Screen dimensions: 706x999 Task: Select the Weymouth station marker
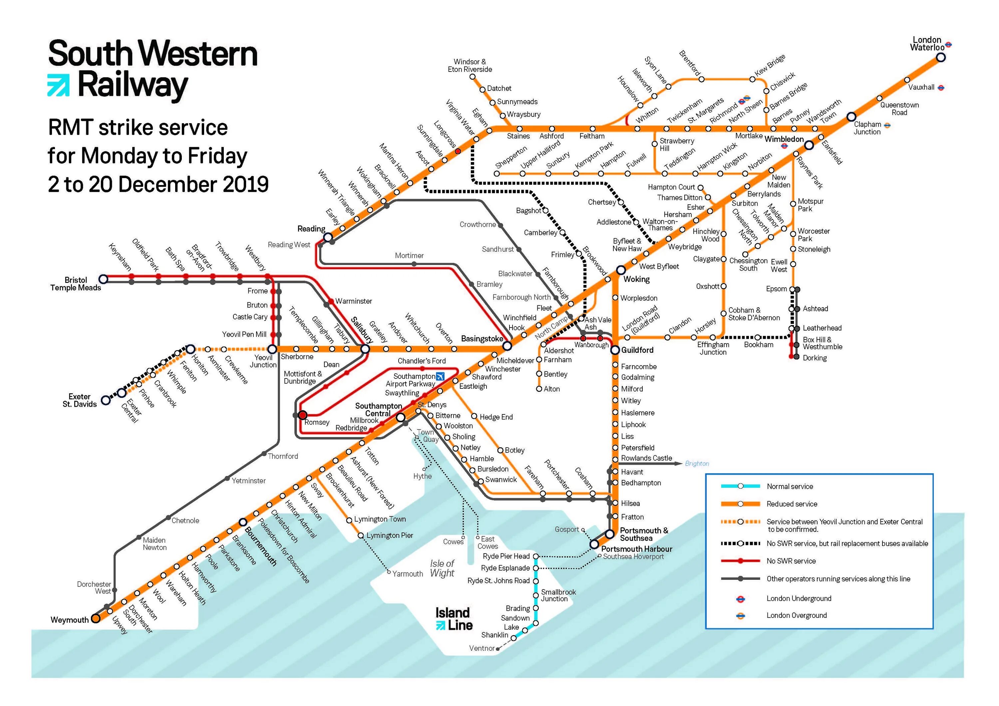[x=96, y=618]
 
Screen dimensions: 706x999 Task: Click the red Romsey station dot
[x=302, y=415]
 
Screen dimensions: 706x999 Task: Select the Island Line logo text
[x=454, y=619]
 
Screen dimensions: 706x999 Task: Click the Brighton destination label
[x=697, y=464]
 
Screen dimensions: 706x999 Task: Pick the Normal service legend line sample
[x=740, y=486]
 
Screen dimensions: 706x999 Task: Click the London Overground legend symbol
[x=740, y=615]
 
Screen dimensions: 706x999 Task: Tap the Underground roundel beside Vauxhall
[x=941, y=88]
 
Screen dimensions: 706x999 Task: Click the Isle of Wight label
[x=442, y=569]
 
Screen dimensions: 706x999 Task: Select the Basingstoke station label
[x=482, y=339]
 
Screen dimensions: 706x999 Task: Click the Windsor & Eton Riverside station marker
[x=473, y=77]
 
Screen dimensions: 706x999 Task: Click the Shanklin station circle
[x=513, y=638]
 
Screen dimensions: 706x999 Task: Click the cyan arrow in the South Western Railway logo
[x=58, y=85]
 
